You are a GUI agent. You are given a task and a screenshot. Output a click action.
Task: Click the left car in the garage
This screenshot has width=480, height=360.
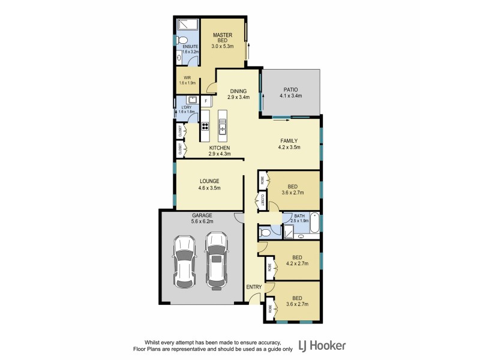point(185,260)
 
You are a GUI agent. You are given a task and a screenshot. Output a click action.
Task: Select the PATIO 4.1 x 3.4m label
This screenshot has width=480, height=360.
point(290,92)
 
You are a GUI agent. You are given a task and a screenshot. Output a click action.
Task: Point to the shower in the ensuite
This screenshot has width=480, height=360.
point(188,25)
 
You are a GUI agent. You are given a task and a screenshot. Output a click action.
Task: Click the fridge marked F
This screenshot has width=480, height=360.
point(206,101)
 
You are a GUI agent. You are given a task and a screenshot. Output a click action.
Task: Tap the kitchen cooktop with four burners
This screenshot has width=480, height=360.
point(205,127)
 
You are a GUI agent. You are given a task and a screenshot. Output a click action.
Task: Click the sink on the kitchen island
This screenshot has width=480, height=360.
point(223,127)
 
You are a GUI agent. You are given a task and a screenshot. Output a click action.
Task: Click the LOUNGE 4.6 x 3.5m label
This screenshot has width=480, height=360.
point(210,184)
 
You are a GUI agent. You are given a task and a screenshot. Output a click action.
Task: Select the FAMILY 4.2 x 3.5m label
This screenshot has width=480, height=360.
point(290,143)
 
